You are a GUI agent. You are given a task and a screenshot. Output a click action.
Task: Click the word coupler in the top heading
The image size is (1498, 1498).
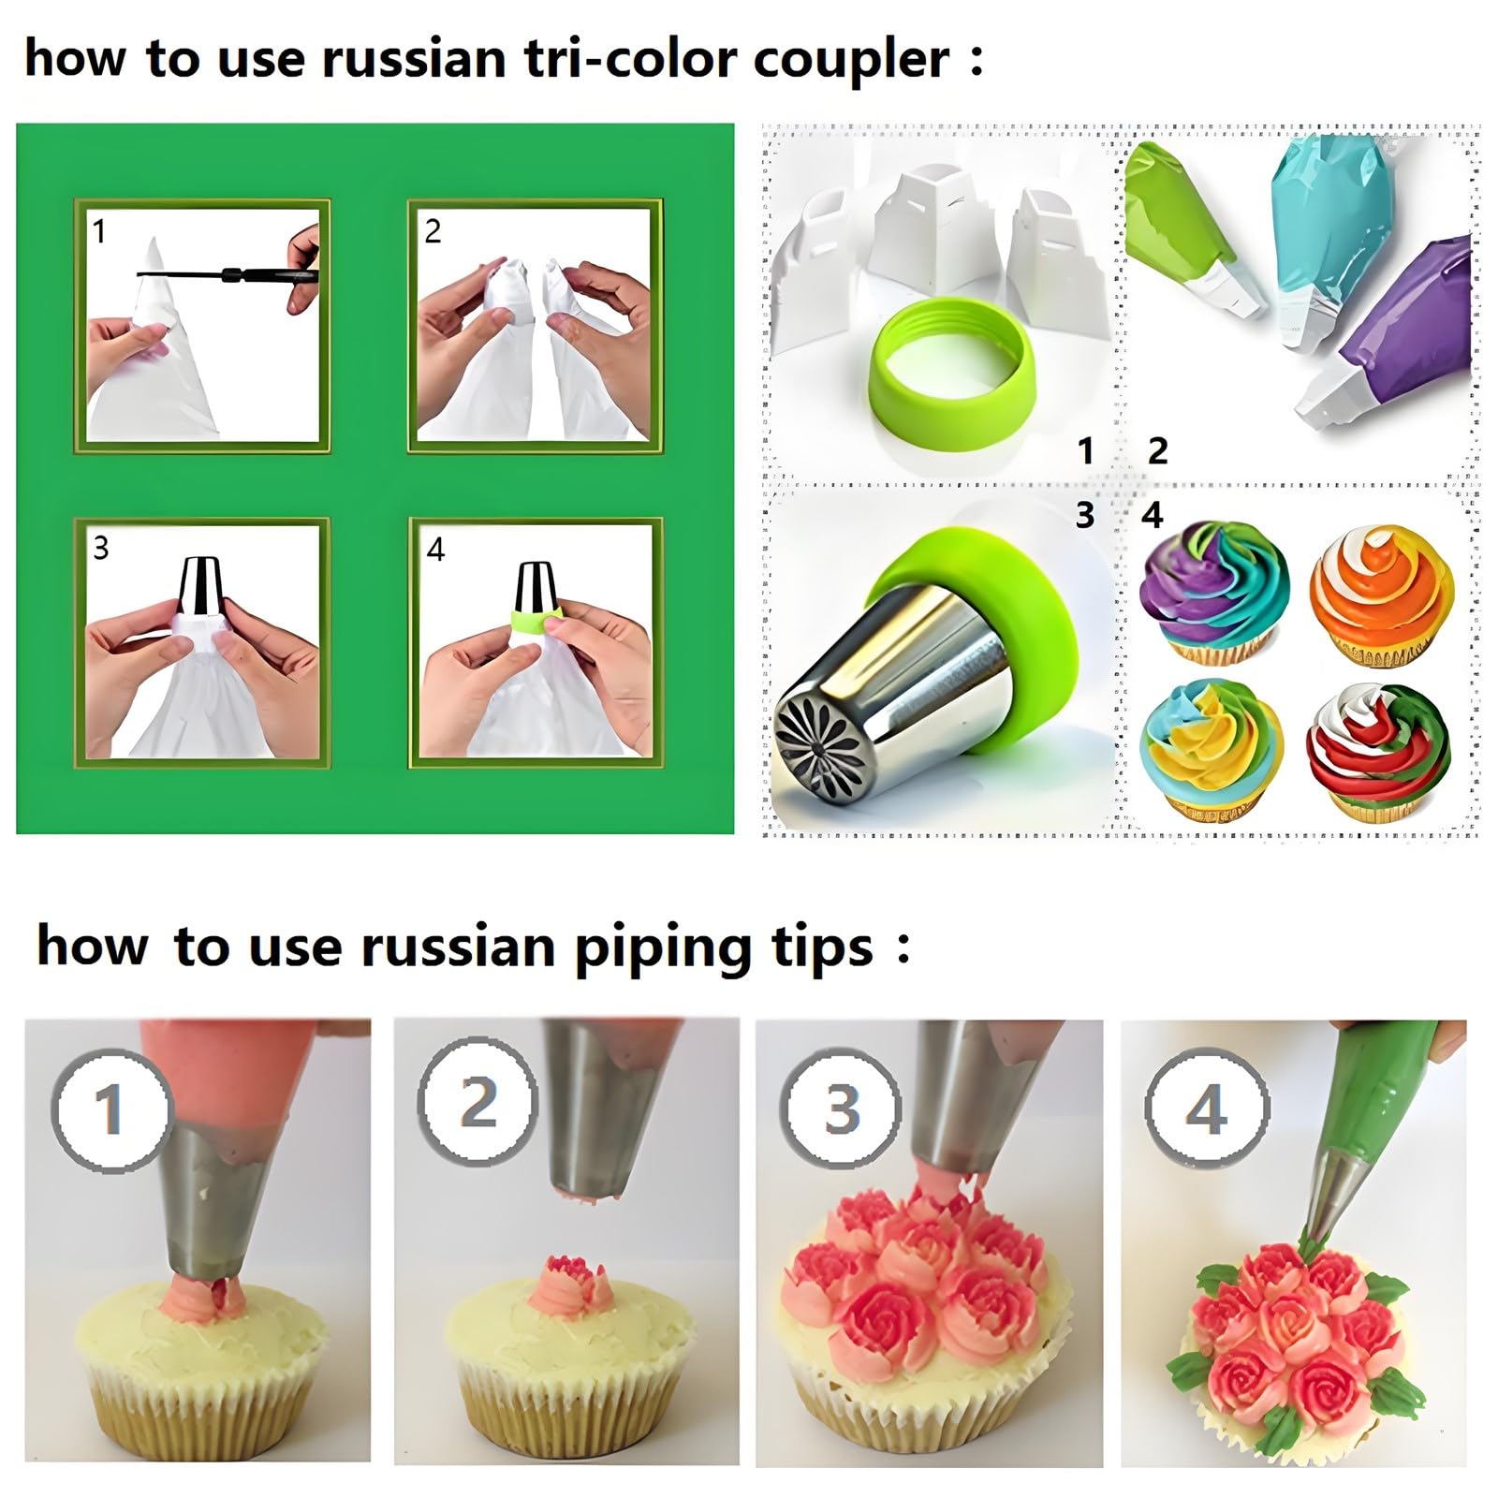point(851,60)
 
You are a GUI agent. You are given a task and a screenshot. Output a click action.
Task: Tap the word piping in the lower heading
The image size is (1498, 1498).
point(663,947)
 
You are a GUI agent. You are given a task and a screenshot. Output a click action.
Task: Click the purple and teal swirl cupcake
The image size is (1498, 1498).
point(1214,592)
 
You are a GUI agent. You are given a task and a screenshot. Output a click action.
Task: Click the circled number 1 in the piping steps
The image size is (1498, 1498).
point(110,1110)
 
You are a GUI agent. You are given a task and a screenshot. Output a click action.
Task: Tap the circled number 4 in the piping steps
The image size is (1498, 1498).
point(1206,1109)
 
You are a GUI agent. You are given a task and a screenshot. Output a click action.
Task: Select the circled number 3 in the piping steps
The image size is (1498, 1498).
point(842,1109)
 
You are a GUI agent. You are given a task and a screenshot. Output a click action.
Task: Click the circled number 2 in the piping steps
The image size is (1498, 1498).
point(477,1099)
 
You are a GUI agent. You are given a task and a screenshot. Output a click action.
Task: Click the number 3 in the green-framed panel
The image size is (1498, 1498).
point(101,548)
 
